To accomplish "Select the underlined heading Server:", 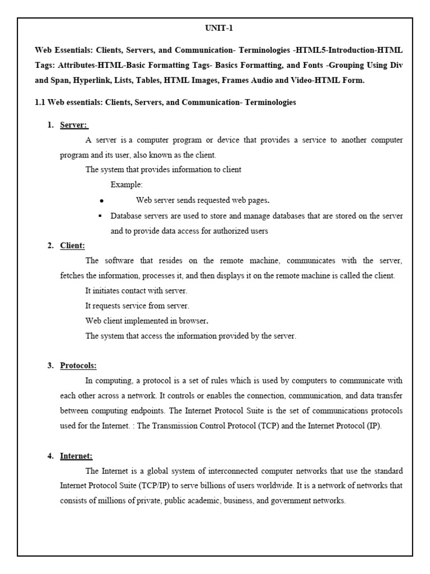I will [x=74, y=125].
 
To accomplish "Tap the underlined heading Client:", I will [x=73, y=246].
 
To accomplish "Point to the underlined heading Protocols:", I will [x=78, y=365].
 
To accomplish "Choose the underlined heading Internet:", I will [x=77, y=456].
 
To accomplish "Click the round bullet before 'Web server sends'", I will [x=101, y=201].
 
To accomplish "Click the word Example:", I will [x=127, y=185].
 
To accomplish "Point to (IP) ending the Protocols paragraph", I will [x=372, y=426].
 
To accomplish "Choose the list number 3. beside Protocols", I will [x=51, y=365].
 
